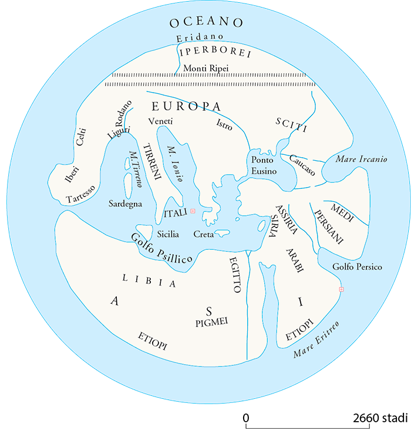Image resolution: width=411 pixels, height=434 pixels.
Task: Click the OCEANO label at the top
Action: pos(206,23)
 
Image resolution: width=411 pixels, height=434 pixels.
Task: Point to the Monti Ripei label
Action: pos(206,69)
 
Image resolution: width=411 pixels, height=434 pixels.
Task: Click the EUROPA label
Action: pos(186,107)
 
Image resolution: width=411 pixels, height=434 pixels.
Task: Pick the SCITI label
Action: pos(291,124)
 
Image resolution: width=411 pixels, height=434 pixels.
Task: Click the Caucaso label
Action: pos(302,165)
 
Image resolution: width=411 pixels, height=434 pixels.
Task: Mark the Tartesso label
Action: pos(80,197)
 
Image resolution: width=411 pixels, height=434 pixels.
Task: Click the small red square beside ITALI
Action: pos(193,211)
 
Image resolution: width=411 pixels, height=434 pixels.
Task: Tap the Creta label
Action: pos(203,235)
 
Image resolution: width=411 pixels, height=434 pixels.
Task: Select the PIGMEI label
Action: pos(210,321)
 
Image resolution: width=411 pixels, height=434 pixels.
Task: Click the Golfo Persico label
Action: pos(357,267)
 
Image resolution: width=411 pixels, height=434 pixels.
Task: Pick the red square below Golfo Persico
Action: pos(341,289)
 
